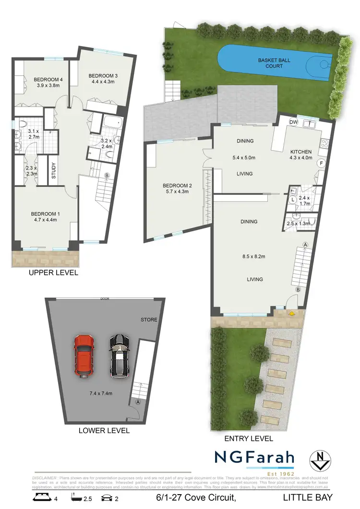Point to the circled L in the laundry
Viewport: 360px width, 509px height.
coord(292,199)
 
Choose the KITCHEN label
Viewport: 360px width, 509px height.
coord(301,152)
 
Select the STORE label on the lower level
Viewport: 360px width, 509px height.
coord(149,320)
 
